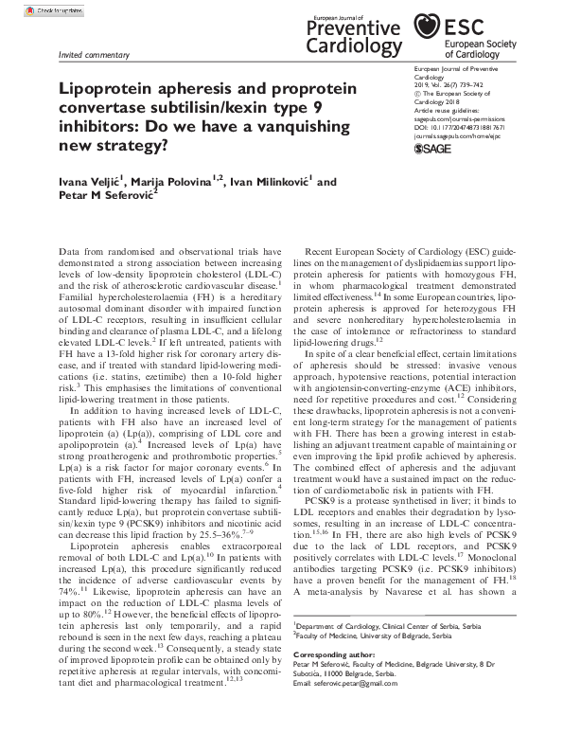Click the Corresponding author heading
coord(332,654)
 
